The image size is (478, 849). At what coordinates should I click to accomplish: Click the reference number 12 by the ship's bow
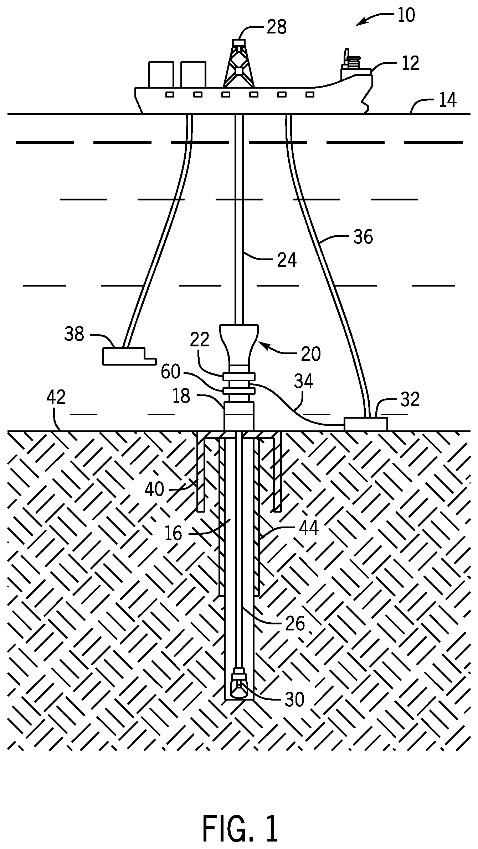tap(410, 63)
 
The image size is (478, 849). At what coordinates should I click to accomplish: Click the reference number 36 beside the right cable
tap(363, 237)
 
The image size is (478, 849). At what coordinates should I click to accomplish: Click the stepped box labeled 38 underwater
tap(125, 356)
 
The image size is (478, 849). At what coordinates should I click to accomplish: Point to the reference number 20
tap(311, 354)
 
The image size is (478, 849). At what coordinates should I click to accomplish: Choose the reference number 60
tap(170, 372)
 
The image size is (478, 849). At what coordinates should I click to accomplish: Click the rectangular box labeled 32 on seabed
tap(365, 424)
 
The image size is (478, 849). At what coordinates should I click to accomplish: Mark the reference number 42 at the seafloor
tap(56, 397)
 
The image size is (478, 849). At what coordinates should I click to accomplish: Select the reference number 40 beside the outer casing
tap(154, 489)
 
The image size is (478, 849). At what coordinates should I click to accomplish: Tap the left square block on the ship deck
tap(161, 74)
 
